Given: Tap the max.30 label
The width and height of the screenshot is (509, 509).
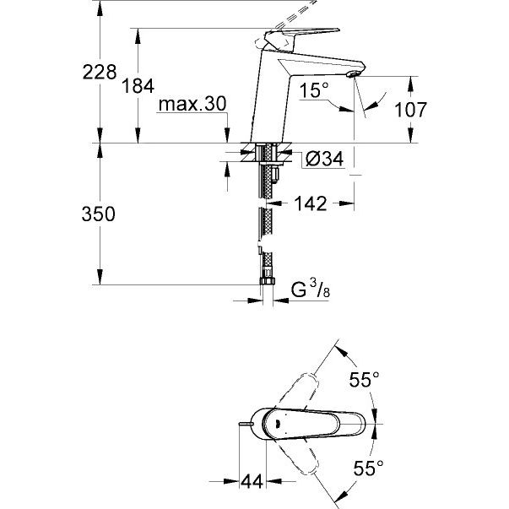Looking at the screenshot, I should (192, 104).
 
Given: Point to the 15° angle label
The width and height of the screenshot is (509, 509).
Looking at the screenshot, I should (311, 90).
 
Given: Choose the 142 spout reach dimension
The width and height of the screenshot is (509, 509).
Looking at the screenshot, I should (310, 203).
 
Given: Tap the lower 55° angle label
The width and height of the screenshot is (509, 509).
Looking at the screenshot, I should (370, 467).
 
